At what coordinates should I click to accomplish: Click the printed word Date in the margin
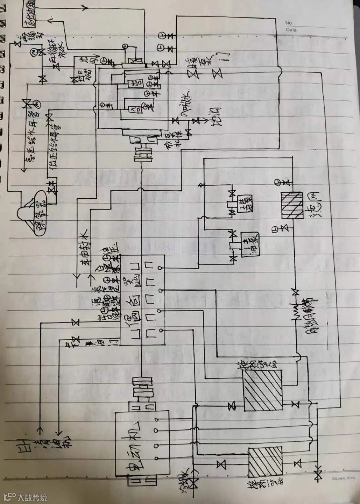pos(291,30)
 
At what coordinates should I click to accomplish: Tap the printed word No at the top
pos(288,23)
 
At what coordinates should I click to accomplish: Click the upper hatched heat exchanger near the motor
pos(262,390)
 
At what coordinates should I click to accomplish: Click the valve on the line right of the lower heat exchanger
pos(298,464)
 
